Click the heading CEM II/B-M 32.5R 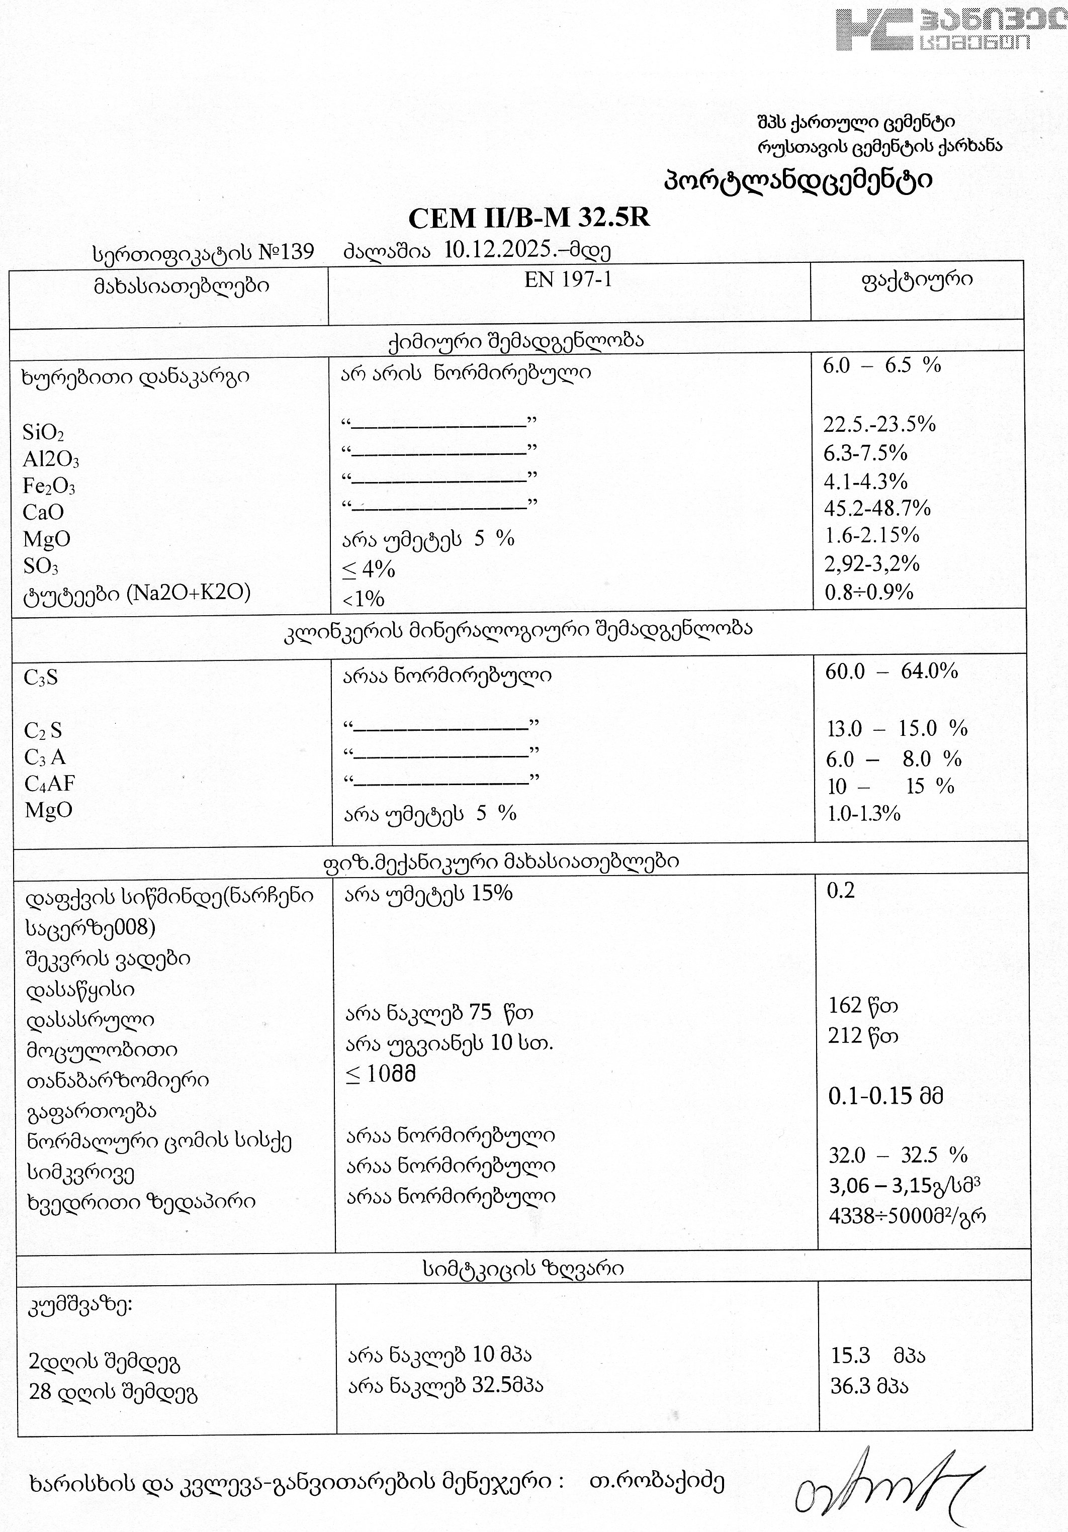pos(528,218)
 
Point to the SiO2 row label pos(43,432)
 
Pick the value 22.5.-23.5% pos(879,424)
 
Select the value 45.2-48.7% pos(877,509)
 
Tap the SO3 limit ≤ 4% pos(369,569)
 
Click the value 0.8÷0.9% pos(869,592)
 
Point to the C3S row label pos(41,678)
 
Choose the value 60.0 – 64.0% pos(891,671)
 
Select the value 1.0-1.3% pos(864,813)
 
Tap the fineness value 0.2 pos(840,890)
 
